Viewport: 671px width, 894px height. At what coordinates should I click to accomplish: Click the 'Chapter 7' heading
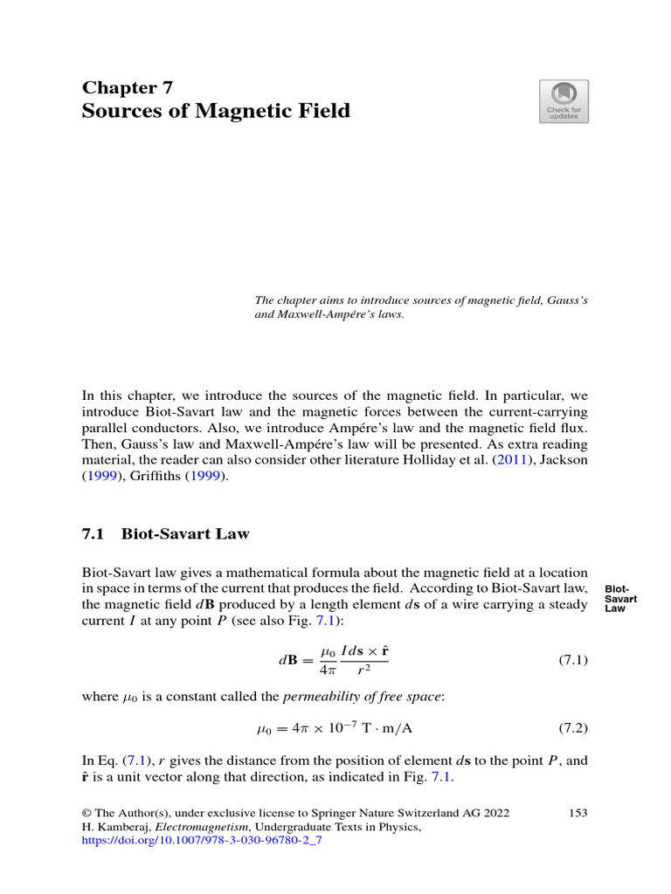click(128, 87)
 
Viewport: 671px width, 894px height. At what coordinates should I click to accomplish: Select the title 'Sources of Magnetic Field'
click(216, 111)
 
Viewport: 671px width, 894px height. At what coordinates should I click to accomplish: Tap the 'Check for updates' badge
click(564, 101)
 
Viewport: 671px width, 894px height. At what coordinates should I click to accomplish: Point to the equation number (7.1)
click(572, 661)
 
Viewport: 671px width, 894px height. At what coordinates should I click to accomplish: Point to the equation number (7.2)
click(572, 726)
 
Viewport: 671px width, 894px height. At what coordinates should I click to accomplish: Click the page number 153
click(578, 813)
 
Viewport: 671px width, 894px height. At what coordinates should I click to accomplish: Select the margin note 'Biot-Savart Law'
click(621, 598)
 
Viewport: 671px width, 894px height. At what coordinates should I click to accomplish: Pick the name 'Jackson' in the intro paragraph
click(566, 458)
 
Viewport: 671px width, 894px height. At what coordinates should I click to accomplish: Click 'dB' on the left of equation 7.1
click(289, 662)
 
